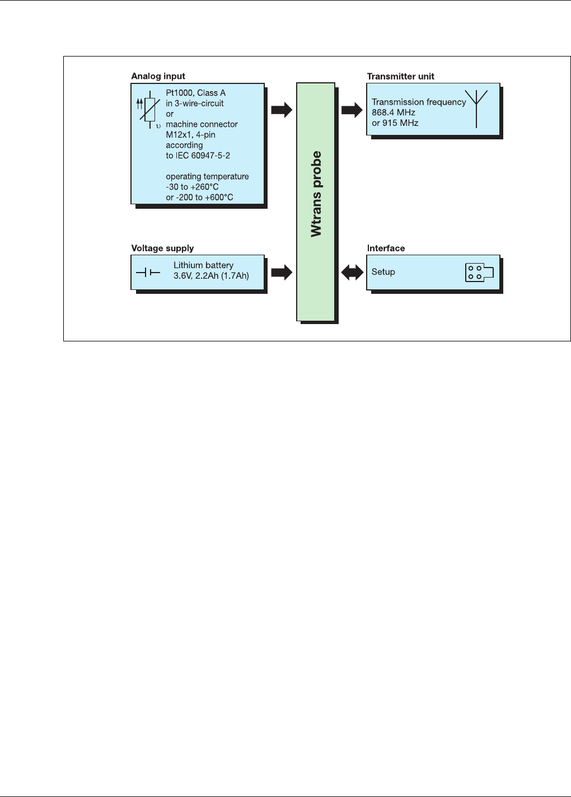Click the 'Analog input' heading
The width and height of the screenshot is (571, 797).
point(158,76)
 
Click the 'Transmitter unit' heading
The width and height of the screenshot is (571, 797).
point(400,76)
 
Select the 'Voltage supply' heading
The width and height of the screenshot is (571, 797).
point(162,248)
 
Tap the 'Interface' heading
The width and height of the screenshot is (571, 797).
point(386,248)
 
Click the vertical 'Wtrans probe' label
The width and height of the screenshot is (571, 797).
point(316,194)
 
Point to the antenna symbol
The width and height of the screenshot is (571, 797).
point(476,108)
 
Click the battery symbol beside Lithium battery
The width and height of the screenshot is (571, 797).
point(148,273)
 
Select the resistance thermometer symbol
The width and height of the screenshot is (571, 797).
point(148,110)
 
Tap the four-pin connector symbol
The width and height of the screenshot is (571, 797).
point(479,273)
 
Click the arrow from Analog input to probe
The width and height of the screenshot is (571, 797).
point(282,110)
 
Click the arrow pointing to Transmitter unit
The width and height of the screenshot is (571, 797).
point(352,110)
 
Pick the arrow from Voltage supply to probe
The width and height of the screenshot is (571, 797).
point(282,273)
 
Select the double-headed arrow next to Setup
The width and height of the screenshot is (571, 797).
point(352,273)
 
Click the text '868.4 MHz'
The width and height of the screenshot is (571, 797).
point(394,112)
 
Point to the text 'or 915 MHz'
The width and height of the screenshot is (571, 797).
point(395,123)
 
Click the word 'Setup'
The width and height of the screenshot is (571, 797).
point(383,272)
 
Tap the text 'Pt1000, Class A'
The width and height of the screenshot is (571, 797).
point(196,93)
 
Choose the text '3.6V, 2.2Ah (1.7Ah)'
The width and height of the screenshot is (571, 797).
point(211,275)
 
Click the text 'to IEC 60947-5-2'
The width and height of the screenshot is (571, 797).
point(198,156)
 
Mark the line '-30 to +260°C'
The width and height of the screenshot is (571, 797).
point(192,187)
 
